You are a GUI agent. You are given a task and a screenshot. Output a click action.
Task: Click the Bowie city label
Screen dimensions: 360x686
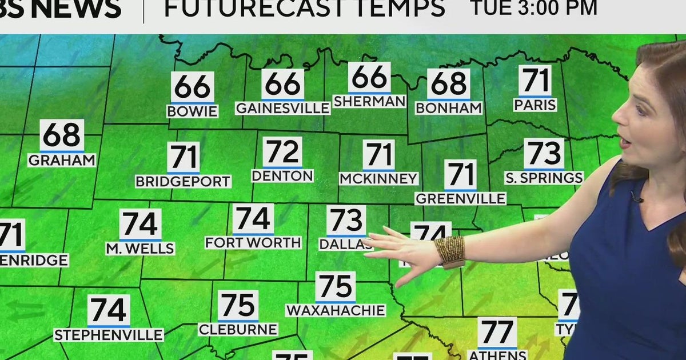[x=192, y=111]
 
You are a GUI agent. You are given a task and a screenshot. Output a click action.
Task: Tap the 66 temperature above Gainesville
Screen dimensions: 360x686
[x=283, y=84]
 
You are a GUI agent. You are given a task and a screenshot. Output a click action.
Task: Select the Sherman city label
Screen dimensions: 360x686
[x=369, y=101]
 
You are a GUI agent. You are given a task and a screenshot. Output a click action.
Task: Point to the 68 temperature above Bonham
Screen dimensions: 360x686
[x=449, y=84]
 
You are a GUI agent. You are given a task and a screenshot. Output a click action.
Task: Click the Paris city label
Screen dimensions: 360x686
[x=535, y=105]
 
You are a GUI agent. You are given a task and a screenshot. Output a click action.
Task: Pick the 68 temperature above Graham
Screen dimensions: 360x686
[x=62, y=135]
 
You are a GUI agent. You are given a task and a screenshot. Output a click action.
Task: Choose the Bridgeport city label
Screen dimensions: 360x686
[x=183, y=182]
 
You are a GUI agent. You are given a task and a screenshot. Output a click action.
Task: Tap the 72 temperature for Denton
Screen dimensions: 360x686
[x=282, y=152]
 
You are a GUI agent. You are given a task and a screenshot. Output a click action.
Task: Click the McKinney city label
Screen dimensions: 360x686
[x=378, y=179]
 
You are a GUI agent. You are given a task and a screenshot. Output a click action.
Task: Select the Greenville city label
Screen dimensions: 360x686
[x=460, y=198]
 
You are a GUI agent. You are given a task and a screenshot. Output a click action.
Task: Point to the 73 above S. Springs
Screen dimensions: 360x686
[x=544, y=154]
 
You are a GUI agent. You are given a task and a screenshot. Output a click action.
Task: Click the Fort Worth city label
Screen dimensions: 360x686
[x=253, y=242]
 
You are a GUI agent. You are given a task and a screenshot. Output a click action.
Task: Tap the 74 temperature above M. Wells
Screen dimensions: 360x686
[x=140, y=225]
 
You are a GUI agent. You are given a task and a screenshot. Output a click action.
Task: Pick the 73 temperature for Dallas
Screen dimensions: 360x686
[x=346, y=221]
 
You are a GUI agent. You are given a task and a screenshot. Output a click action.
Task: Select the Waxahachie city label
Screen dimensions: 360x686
[x=336, y=310]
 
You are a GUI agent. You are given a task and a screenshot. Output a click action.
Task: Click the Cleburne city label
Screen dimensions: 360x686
[x=238, y=329]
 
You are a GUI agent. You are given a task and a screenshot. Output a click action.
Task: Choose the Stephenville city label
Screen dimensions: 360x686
[x=109, y=335]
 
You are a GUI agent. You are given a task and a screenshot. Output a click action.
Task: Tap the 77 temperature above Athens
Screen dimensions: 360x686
[x=497, y=333]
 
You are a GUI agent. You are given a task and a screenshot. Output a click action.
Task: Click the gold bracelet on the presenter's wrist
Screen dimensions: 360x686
[x=450, y=251]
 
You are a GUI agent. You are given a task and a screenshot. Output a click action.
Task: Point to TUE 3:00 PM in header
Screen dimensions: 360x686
[x=533, y=8]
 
